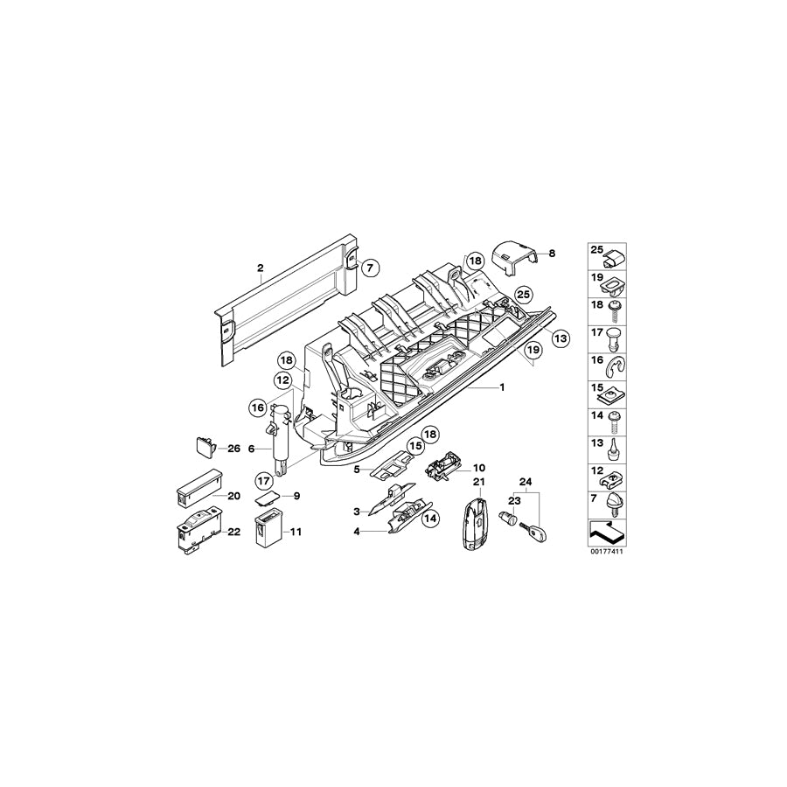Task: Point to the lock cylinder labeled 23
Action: click(507, 519)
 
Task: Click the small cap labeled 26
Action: click(204, 447)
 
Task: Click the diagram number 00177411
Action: click(609, 552)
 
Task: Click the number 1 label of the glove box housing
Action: click(502, 387)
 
